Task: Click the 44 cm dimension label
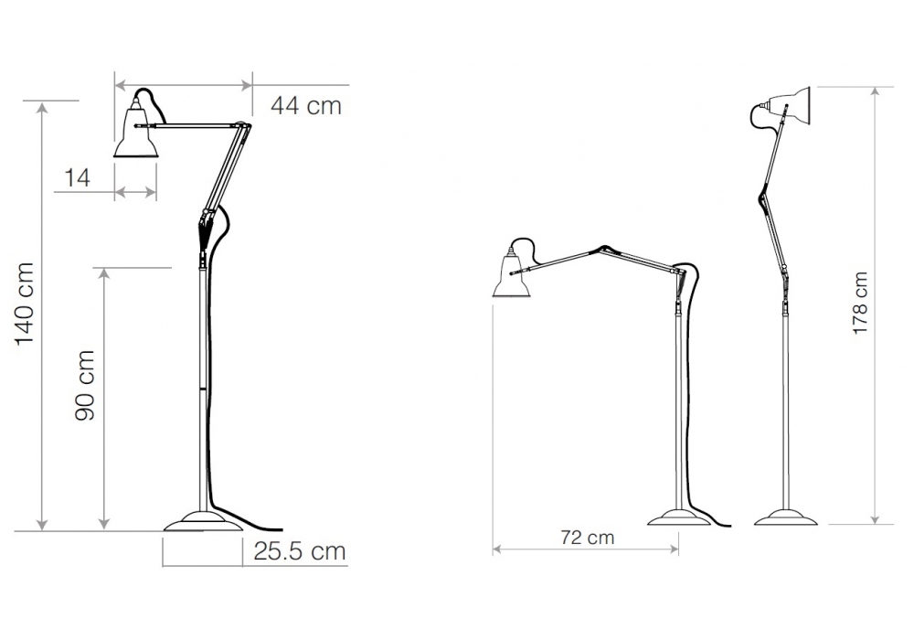point(306,106)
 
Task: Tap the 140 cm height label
point(25,304)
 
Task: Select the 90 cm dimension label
point(85,385)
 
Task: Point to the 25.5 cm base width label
point(300,550)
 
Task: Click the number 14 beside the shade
point(78,177)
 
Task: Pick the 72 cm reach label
point(588,537)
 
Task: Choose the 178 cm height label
point(860,304)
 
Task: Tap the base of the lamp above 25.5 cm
point(203,521)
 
